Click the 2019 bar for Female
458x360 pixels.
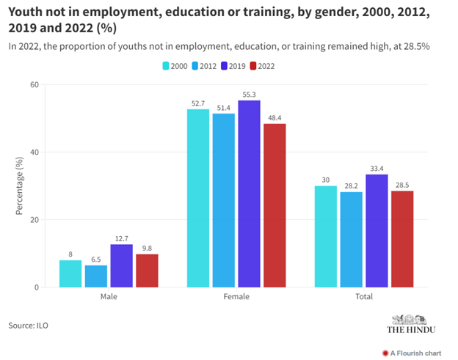click(x=250, y=194)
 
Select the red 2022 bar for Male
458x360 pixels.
click(x=147, y=271)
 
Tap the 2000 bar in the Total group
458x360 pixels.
click(x=326, y=236)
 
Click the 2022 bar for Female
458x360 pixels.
click(x=275, y=205)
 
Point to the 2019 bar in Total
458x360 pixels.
click(x=377, y=230)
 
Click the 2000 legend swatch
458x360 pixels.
click(x=166, y=66)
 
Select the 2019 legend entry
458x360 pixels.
click(x=233, y=66)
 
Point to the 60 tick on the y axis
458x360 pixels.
click(x=34, y=85)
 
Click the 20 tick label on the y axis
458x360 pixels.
click(x=34, y=220)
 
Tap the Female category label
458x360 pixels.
click(x=236, y=297)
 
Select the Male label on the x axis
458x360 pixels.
click(x=109, y=297)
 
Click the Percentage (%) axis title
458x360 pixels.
click(x=20, y=185)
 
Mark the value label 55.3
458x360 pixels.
click(x=250, y=94)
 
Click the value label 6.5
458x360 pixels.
click(x=96, y=259)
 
